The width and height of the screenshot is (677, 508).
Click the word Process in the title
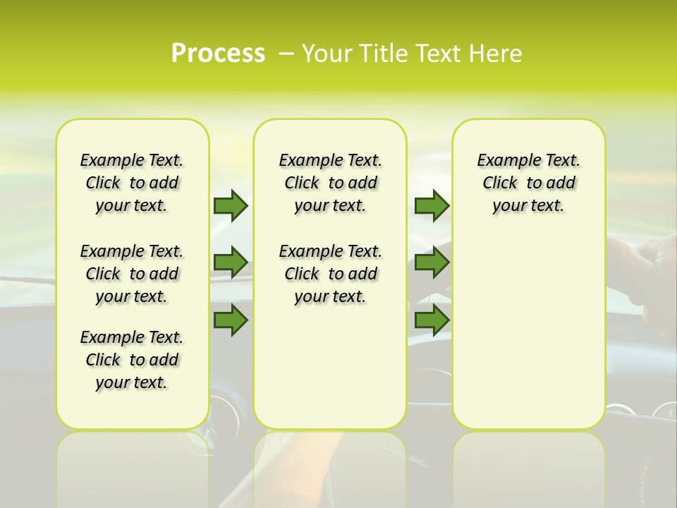218,54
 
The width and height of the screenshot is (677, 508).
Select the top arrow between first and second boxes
231,205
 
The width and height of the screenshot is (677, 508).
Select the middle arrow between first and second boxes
231,262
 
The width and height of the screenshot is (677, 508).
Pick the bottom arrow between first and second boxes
231,320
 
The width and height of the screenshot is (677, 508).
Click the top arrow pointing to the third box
432,205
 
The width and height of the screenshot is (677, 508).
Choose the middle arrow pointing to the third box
432,262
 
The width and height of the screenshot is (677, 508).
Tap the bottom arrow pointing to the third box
432,320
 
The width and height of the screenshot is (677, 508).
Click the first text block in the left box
132,183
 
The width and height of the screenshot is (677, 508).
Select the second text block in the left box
132,274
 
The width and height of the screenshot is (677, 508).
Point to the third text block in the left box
132,360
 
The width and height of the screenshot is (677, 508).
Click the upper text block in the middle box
330,183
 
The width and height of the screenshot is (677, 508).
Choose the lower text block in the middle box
330,274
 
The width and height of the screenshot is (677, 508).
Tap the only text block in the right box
528,183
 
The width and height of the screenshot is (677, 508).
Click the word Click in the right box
500,183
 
